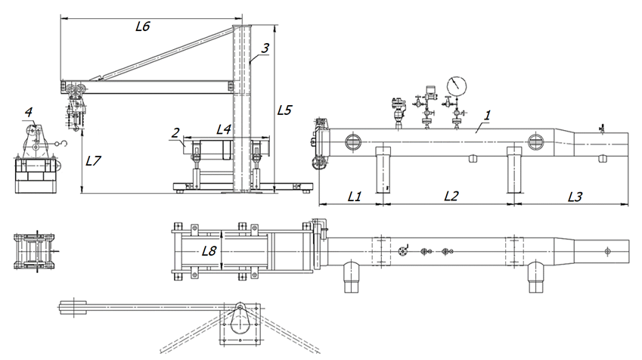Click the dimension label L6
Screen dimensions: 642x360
tap(143, 26)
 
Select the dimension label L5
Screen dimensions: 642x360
tap(284, 110)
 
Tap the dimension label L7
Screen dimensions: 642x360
tap(93, 161)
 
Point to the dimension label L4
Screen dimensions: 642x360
tap(224, 130)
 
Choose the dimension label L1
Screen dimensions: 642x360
tap(355, 197)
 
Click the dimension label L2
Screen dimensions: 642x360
tap(451, 197)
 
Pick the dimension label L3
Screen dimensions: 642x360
tap(575, 197)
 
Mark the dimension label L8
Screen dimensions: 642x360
tap(209, 250)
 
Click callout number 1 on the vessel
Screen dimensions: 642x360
tap(487, 116)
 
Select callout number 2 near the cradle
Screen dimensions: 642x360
tap(175, 132)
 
